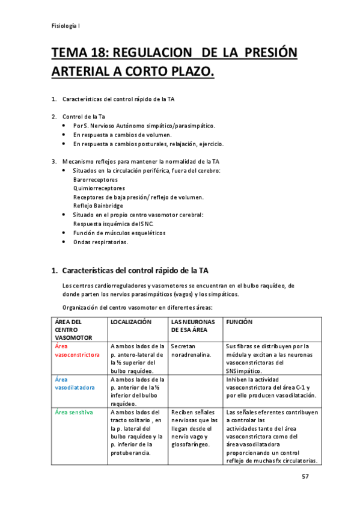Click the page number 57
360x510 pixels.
(305, 476)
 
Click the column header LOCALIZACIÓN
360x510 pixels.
(130, 322)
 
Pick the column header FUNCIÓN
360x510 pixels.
(239, 322)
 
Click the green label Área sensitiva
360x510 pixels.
(73, 413)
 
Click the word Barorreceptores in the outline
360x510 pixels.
(95, 180)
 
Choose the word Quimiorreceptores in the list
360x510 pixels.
(99, 188)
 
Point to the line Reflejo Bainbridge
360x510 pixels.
(98, 206)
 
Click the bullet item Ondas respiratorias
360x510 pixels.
(100, 242)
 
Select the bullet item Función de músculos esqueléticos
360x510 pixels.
(119, 233)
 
